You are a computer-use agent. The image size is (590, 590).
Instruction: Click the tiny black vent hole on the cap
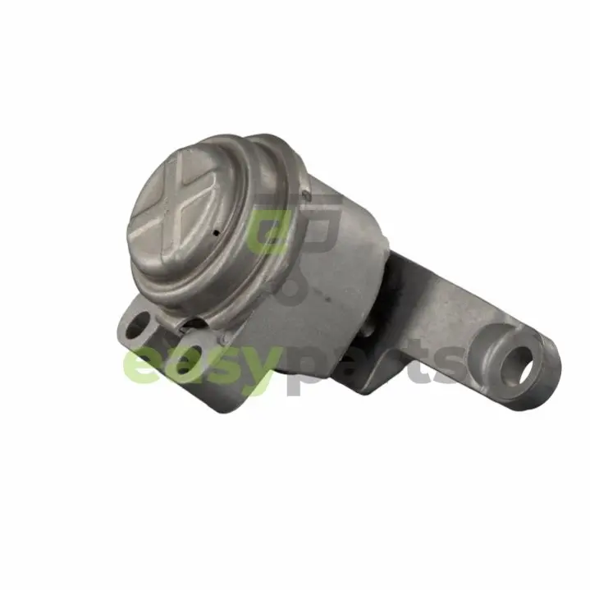pyautogui.click(x=216, y=233)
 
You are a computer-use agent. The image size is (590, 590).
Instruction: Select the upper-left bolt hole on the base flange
pyautogui.click(x=136, y=324)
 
